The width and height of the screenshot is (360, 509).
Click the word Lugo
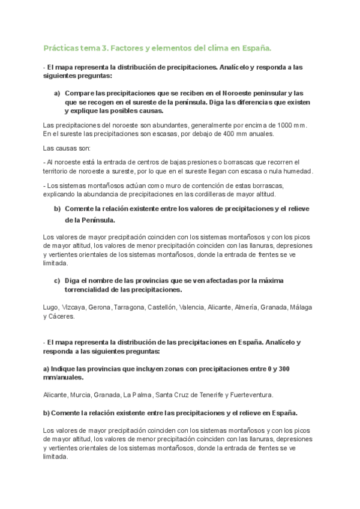coord(51,307)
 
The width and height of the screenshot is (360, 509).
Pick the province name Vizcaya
coord(75,307)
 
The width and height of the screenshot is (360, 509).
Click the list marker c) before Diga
coord(57,280)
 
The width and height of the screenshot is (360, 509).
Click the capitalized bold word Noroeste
coord(253,93)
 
